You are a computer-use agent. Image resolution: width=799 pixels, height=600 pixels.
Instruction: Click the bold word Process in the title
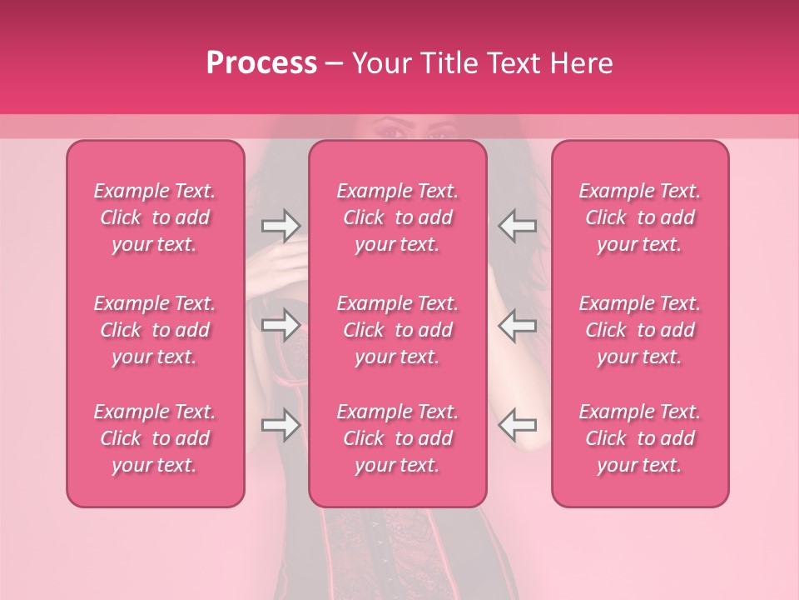coord(261,63)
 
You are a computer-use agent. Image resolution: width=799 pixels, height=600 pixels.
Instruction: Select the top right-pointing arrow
coord(280,226)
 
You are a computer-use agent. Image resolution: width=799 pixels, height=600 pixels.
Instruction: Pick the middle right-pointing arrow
coord(280,325)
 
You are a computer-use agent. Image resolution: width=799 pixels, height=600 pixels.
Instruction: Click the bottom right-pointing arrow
coord(280,425)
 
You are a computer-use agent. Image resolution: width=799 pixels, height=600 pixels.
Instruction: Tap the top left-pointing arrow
coord(517,226)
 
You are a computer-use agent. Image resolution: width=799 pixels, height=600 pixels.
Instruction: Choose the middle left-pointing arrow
coord(517,325)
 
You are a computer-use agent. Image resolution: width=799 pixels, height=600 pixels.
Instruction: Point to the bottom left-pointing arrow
coord(517,425)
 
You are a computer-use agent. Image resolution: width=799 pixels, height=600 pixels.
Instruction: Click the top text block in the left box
coord(155,217)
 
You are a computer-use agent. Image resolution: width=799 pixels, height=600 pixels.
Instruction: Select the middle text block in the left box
coord(155,330)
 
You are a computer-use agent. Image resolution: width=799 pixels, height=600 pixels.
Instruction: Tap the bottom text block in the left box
coord(155,438)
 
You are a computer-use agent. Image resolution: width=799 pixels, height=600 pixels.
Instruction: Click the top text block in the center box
coord(397,217)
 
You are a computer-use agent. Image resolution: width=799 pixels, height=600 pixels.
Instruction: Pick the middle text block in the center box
coord(397,330)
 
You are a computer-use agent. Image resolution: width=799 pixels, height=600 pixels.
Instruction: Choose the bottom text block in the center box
coord(397,438)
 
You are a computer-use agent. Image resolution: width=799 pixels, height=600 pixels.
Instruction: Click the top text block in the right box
coord(639,217)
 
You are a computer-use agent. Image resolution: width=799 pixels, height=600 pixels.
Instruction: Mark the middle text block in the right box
coord(639,330)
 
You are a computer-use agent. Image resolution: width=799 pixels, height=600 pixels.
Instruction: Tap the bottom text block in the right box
coord(639,438)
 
